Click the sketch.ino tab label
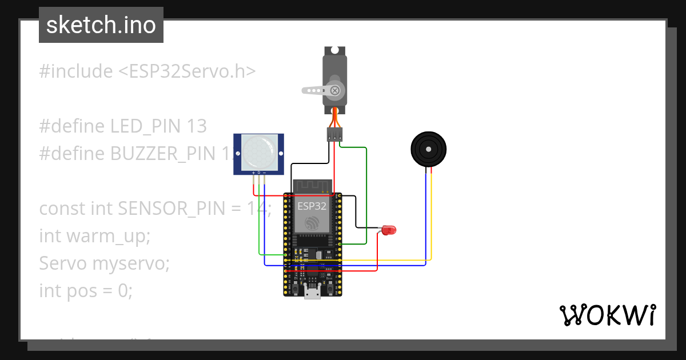pos(101,25)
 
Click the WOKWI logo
pos(607,315)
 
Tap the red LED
pos(389,230)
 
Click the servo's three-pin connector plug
pos(334,134)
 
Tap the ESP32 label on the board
pos(312,205)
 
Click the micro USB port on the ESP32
pos(312,293)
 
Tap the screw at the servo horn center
pos(335,90)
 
